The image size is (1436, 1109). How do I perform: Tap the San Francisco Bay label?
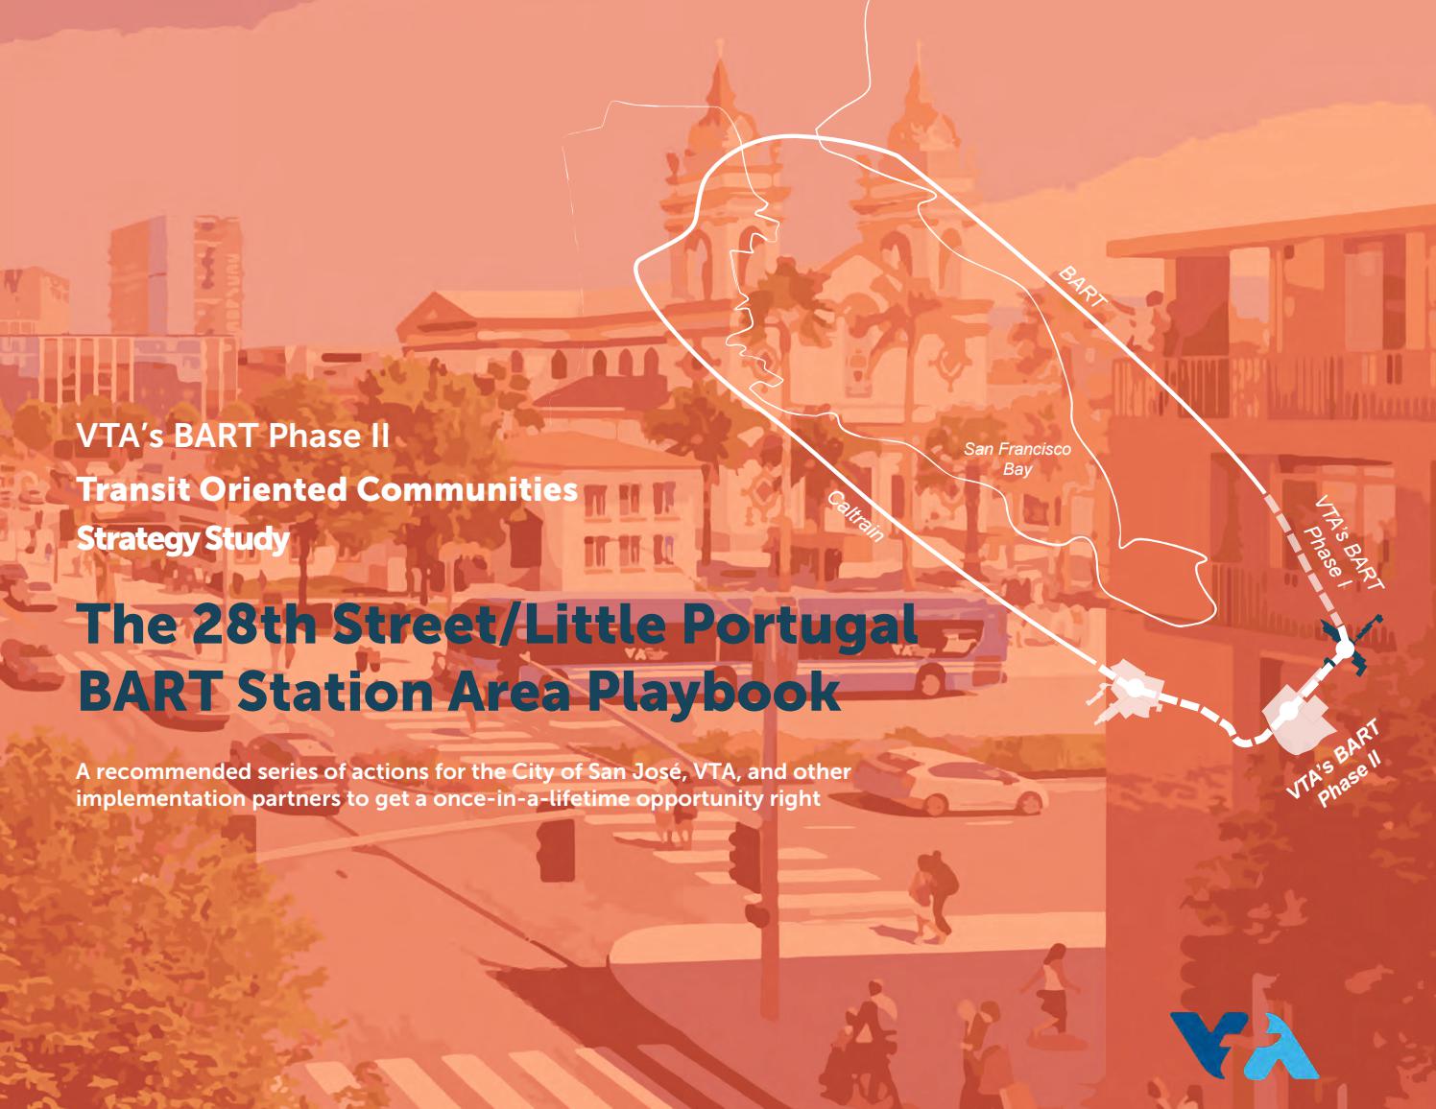point(1017,459)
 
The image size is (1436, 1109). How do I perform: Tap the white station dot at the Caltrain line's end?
point(1134,688)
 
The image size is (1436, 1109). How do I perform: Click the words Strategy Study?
point(182,539)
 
